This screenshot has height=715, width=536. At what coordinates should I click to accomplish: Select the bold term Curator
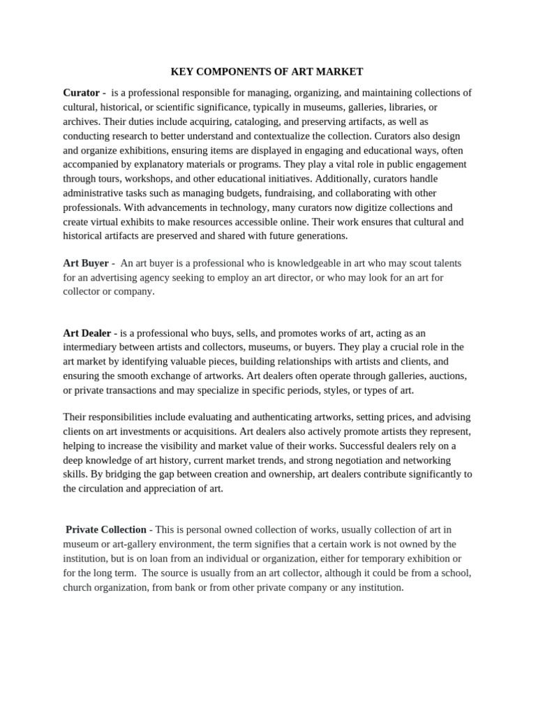click(x=81, y=92)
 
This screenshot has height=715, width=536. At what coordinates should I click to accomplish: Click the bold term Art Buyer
click(x=86, y=263)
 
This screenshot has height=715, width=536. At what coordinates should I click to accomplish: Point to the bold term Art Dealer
click(x=87, y=333)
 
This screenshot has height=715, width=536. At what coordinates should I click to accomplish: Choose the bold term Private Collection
click(x=105, y=530)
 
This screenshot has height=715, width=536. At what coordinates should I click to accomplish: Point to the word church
click(x=79, y=587)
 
